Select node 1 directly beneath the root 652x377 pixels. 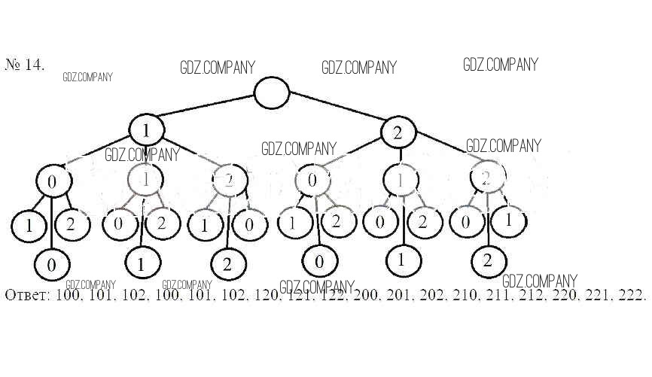click(x=146, y=130)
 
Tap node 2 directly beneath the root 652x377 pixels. click(x=398, y=132)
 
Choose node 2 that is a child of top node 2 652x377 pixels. click(x=486, y=178)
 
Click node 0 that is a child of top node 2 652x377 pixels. click(x=312, y=181)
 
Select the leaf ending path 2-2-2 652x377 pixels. click(x=487, y=262)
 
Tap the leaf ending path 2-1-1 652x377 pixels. click(x=402, y=260)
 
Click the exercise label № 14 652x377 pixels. click(x=25, y=65)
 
